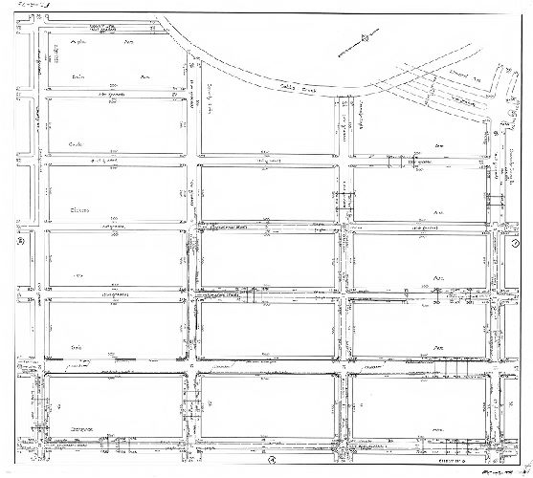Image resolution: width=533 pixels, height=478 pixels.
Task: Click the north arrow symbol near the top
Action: pyautogui.click(x=363, y=39)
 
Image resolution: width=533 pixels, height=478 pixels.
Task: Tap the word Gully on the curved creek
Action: pyautogui.click(x=285, y=83)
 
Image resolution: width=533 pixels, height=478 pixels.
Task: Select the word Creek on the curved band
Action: pyautogui.click(x=309, y=89)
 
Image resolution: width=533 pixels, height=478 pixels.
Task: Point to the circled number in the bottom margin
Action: pyautogui.click(x=271, y=465)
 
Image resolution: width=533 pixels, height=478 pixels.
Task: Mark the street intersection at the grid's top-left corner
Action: pyautogui.click(x=40, y=30)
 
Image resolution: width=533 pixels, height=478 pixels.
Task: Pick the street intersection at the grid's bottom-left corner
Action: pyautogui.click(x=40, y=445)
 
